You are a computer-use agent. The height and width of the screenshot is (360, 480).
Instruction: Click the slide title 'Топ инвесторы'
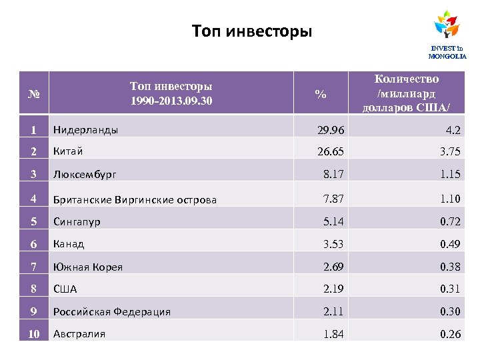[x=251, y=31]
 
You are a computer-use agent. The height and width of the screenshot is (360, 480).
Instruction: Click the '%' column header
[x=321, y=95]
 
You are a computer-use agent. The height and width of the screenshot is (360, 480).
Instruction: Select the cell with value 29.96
[x=331, y=129]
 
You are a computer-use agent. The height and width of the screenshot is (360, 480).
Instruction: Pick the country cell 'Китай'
[x=68, y=151]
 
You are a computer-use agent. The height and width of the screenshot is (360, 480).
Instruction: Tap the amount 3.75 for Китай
[x=450, y=151]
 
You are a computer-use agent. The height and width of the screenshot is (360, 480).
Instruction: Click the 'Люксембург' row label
[x=85, y=175]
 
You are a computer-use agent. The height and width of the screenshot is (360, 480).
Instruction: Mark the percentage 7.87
[x=334, y=198]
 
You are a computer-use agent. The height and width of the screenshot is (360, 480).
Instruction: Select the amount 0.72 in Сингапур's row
[x=450, y=221]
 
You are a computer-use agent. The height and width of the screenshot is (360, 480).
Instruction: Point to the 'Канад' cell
[x=69, y=244]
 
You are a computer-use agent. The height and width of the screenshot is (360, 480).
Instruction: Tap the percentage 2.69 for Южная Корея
[x=334, y=267]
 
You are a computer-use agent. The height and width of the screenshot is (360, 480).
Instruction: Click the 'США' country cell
[x=65, y=289]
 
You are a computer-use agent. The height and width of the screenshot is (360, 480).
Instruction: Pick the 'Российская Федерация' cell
[x=112, y=312]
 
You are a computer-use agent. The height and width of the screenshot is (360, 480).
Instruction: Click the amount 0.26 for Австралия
[x=450, y=334]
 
